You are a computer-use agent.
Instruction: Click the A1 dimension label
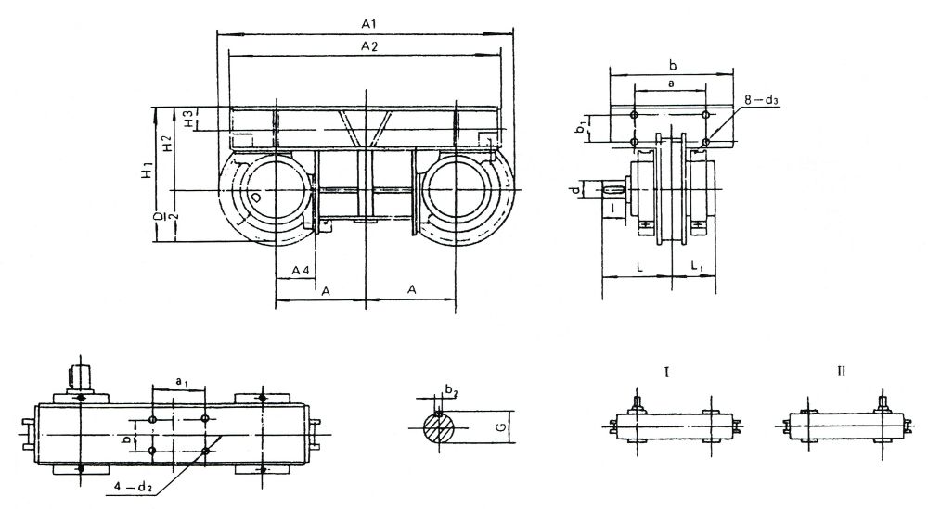(x=369, y=24)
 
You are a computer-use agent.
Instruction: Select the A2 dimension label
(x=369, y=46)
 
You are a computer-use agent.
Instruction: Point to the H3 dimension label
(x=188, y=119)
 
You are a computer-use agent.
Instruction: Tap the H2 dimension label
(x=167, y=143)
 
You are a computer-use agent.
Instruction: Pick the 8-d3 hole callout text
(x=761, y=100)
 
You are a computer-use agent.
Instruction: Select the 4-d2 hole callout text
(x=133, y=488)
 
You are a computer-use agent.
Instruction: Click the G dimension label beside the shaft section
(x=501, y=426)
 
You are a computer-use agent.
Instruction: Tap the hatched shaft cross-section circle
(x=440, y=426)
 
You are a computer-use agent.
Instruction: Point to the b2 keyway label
(x=451, y=390)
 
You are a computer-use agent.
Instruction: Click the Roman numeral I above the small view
(x=667, y=372)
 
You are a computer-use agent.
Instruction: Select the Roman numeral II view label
(x=841, y=371)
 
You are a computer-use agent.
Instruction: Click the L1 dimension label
(x=697, y=267)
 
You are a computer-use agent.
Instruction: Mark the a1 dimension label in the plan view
(x=182, y=381)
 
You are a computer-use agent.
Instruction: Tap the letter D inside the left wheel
(x=255, y=197)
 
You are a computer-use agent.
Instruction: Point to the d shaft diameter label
(x=574, y=190)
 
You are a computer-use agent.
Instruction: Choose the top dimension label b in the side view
(x=672, y=65)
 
